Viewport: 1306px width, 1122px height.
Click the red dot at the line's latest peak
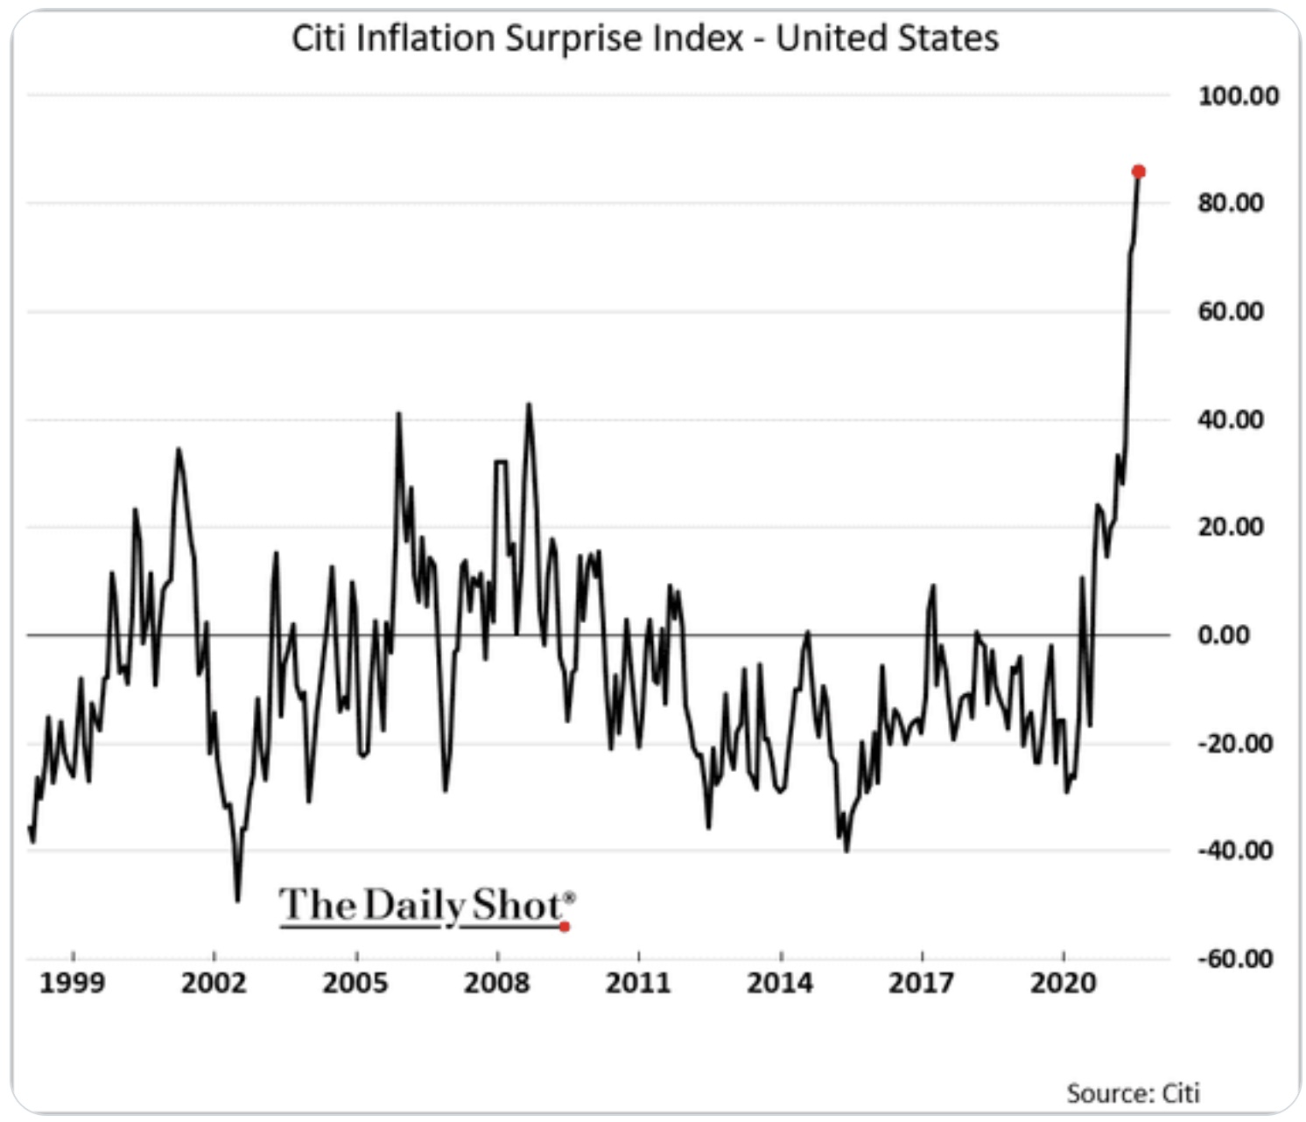point(1138,172)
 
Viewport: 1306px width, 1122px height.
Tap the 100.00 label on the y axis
point(1238,95)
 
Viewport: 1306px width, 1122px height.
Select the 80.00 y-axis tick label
point(1231,203)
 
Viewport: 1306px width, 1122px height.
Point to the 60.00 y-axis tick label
point(1231,312)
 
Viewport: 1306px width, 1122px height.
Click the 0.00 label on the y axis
point(1223,635)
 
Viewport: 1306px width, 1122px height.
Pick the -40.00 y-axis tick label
point(1234,851)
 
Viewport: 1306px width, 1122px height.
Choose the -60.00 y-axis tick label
point(1234,959)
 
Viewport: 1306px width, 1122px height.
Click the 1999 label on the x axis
point(72,984)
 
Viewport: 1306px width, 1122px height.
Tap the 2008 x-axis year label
point(496,984)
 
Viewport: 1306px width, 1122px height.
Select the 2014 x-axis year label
point(780,984)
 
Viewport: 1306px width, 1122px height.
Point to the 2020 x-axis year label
point(1063,984)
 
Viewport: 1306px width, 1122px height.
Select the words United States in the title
point(887,39)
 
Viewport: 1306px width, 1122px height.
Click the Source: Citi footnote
point(1133,1093)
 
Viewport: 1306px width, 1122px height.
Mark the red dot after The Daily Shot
point(565,926)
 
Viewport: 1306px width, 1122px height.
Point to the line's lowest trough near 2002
point(237,900)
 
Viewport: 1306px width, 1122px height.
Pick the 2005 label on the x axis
point(355,984)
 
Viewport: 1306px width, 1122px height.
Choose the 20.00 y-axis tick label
point(1231,527)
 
